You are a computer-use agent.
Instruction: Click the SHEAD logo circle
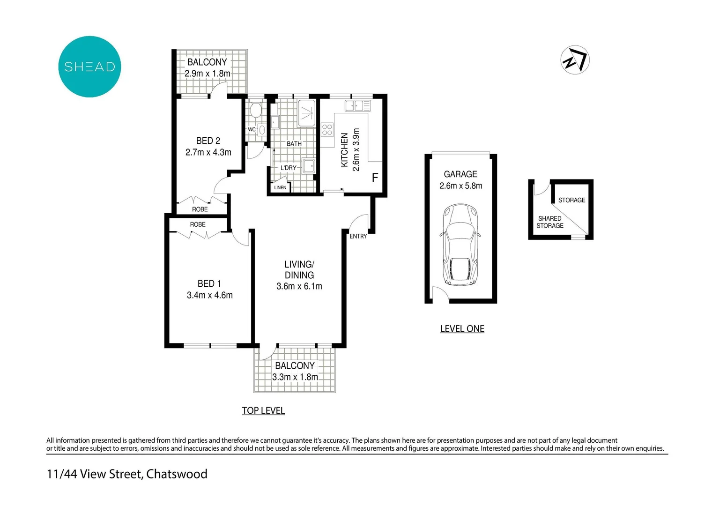tap(89, 67)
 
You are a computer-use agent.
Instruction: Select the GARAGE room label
tap(460, 174)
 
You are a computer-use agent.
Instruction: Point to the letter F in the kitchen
tap(375, 178)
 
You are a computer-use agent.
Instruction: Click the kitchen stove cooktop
tap(327, 129)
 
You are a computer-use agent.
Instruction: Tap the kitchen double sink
tap(357, 105)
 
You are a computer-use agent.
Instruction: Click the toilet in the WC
tap(255, 111)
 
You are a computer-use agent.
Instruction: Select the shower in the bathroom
tap(307, 112)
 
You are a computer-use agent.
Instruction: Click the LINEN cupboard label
tap(280, 187)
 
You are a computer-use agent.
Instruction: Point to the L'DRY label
tap(289, 168)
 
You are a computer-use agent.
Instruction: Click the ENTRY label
tap(358, 236)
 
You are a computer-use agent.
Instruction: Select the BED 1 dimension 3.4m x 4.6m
tap(209, 295)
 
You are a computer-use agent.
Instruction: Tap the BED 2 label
tap(208, 141)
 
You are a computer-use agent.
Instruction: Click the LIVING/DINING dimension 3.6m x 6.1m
tap(299, 286)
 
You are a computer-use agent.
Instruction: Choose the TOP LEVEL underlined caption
tap(263, 410)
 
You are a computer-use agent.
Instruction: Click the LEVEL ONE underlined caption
tap(462, 329)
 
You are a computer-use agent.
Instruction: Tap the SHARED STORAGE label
tap(550, 222)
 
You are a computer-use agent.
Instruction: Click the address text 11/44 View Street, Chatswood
tap(127, 474)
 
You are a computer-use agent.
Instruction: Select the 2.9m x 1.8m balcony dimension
tap(208, 74)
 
